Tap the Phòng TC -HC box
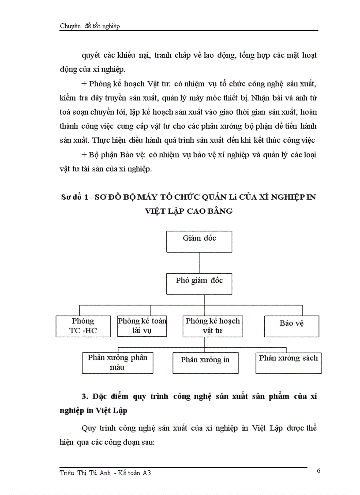click(x=82, y=326)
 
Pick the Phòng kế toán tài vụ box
click(x=142, y=326)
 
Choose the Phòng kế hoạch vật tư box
click(x=213, y=326)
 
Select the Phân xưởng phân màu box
click(x=117, y=362)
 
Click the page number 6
click(x=319, y=471)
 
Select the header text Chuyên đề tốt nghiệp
click(x=90, y=26)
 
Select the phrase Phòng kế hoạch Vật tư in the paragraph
click(x=124, y=83)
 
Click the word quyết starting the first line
click(x=91, y=56)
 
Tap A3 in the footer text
click(x=150, y=473)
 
